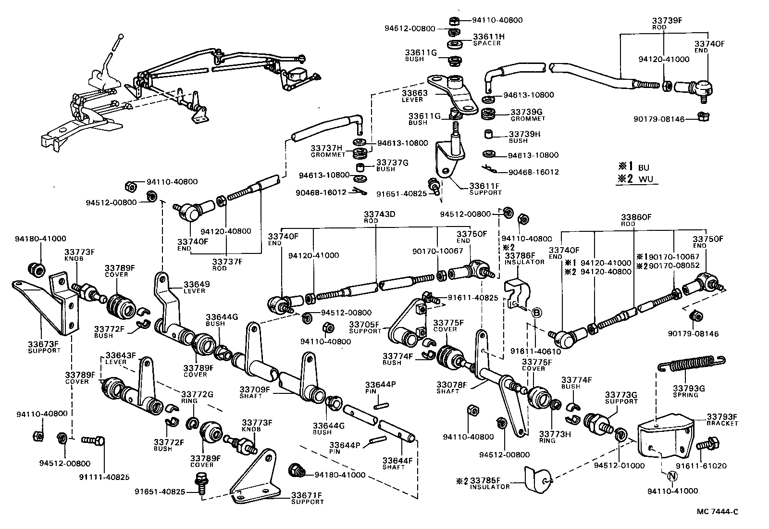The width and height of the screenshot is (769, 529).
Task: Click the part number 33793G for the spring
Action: [688, 388]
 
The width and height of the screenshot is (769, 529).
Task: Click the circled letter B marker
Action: [537, 313]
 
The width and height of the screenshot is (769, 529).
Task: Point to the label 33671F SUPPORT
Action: [307, 498]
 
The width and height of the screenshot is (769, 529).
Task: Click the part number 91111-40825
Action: [104, 477]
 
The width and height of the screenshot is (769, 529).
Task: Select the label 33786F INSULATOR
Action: [524, 258]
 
